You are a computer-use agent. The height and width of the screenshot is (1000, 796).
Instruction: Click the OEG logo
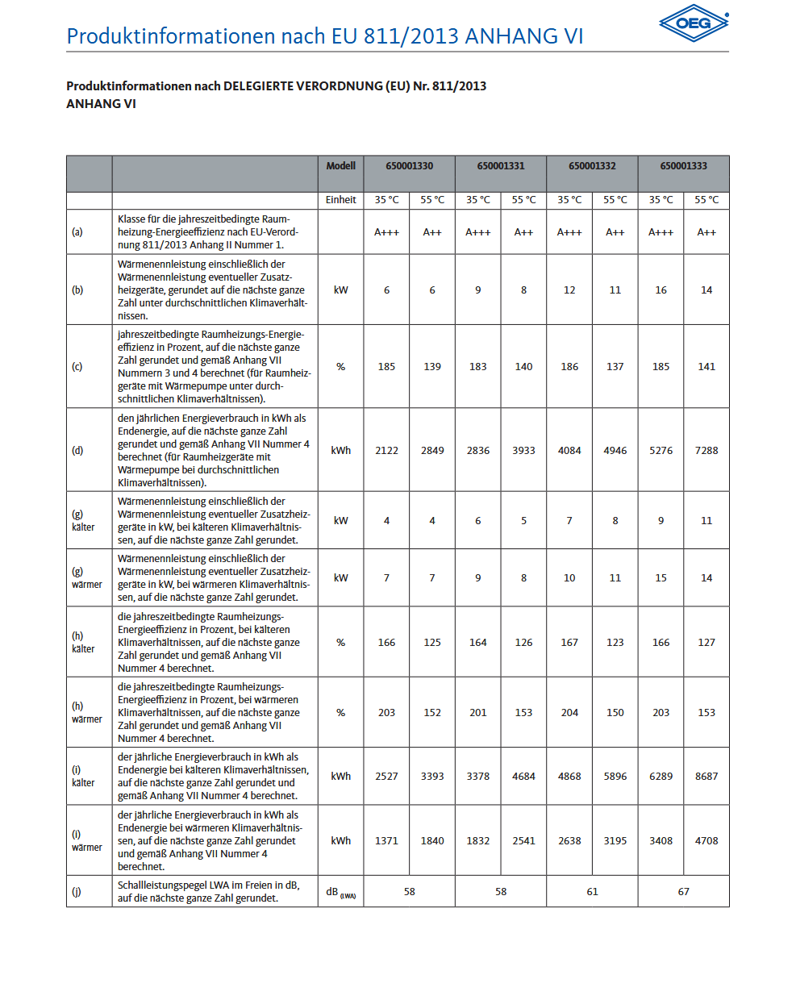coord(694,23)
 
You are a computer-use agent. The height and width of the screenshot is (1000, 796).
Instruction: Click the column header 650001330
coord(409,166)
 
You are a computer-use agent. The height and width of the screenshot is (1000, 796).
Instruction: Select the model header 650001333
coord(683,166)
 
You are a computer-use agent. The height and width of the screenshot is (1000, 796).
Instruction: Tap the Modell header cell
coord(340,166)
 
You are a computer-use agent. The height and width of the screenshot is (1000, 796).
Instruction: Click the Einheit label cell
coord(340,200)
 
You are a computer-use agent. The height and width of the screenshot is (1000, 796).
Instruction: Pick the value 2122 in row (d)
coord(386,451)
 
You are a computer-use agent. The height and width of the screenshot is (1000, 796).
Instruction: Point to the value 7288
coord(706,451)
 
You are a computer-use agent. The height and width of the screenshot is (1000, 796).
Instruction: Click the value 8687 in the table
coord(706,777)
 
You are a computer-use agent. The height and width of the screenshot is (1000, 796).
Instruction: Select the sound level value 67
coord(683,892)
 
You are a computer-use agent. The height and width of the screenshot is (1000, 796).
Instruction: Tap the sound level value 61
coord(592,892)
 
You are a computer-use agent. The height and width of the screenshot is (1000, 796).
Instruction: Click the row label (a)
coord(77,232)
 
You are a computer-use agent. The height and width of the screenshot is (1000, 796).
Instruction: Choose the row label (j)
coord(77,892)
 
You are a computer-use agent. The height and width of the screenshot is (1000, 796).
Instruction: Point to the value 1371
coord(386,841)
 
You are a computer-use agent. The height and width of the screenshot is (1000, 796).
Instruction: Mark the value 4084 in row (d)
coord(569,451)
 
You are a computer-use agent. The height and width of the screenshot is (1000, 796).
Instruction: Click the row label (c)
coord(77,367)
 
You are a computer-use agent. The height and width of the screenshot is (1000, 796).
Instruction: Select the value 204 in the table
coord(569,713)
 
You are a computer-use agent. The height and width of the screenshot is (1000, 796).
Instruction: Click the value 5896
coord(615,777)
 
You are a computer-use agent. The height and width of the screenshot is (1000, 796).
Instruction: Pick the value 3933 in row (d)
coord(523,451)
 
